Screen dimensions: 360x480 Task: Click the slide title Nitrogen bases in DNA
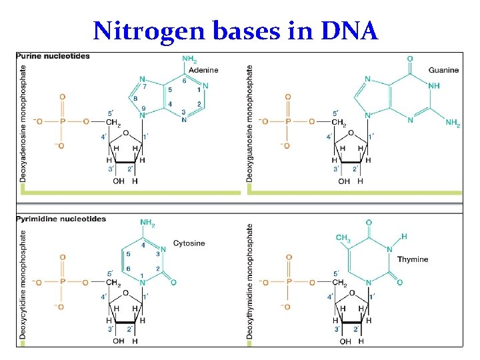click(x=236, y=31)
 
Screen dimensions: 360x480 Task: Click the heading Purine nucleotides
click(x=53, y=56)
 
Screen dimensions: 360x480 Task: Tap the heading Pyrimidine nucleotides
click(x=61, y=219)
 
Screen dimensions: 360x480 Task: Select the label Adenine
click(x=203, y=70)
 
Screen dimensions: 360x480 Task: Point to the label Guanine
click(x=443, y=70)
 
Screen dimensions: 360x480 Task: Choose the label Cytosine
click(x=189, y=243)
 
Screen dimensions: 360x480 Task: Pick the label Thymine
click(x=413, y=259)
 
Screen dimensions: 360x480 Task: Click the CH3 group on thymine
click(x=343, y=238)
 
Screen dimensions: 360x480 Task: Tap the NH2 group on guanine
click(x=453, y=123)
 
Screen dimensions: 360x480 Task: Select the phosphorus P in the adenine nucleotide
click(x=63, y=121)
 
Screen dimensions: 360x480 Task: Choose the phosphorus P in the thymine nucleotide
click(x=288, y=283)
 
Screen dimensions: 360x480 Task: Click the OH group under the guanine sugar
click(x=344, y=181)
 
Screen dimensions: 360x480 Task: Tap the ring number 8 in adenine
click(x=137, y=99)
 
